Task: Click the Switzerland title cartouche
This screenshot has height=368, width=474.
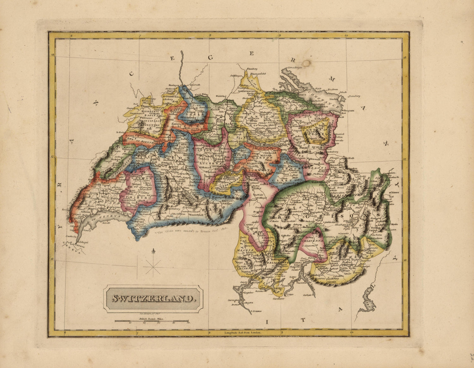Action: pyautogui.click(x=153, y=298)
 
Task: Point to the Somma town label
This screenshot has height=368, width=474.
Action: pyautogui.click(x=256, y=312)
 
